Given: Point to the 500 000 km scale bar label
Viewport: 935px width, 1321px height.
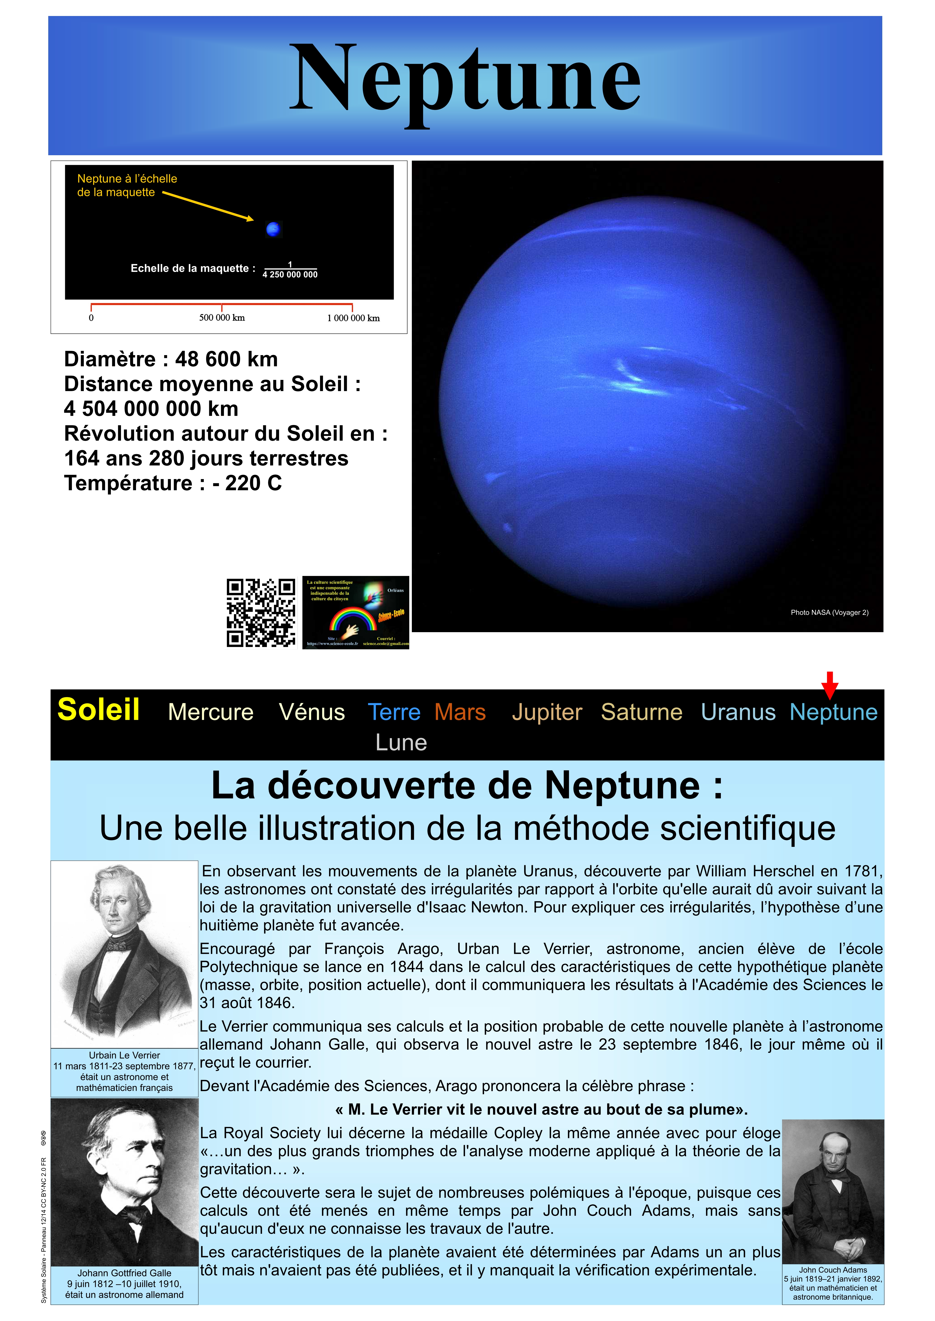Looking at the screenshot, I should click(222, 317).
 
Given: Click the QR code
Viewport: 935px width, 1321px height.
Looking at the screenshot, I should click(261, 613).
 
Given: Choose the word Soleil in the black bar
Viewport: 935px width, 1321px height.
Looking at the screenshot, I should click(98, 709).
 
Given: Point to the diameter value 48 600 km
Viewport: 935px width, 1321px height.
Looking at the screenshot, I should click(226, 359).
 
